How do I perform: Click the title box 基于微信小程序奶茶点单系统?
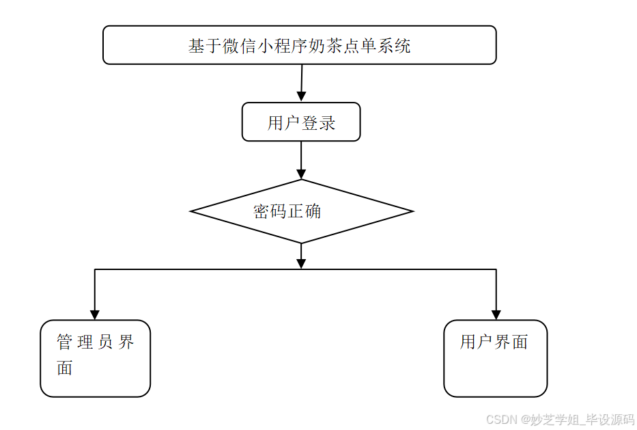299,45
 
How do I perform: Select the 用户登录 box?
301,122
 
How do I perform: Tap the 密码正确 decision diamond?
301,211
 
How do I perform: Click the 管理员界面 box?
95,358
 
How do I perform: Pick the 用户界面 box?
495,358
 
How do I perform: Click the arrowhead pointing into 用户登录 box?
301,96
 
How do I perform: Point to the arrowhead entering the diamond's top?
301,174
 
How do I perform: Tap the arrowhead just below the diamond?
301,263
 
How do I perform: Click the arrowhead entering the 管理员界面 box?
95,314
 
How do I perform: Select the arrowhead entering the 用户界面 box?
496,314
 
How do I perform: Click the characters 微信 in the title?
240,46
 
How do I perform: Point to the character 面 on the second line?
65,368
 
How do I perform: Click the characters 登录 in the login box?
319,123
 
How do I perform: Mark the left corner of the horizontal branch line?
95,269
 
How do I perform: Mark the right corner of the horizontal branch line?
496,269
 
